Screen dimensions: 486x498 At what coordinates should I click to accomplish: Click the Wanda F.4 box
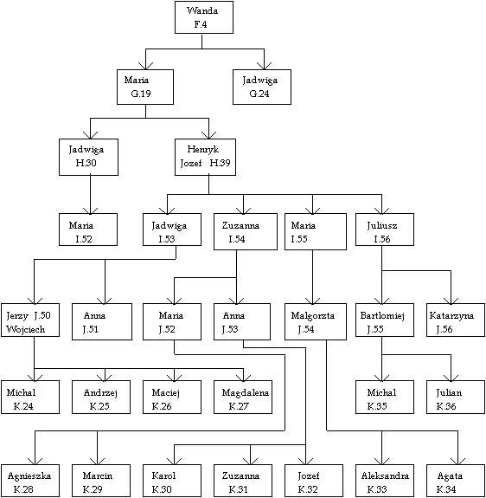click(204, 17)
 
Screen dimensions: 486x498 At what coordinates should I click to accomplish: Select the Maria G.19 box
click(145, 87)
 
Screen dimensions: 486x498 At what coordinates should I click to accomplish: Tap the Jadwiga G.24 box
click(262, 87)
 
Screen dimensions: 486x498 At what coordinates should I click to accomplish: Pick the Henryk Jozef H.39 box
click(205, 157)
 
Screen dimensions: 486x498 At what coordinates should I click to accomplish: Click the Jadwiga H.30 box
click(88, 157)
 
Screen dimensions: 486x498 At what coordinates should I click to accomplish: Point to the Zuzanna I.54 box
click(246, 231)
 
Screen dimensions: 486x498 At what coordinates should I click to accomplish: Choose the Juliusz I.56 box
click(385, 230)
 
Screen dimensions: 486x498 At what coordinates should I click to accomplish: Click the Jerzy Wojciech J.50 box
click(30, 320)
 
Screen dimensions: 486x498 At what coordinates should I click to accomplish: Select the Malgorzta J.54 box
click(316, 321)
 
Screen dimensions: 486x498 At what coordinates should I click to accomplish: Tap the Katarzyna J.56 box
click(456, 320)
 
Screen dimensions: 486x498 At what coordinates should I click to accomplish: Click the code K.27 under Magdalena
click(239, 406)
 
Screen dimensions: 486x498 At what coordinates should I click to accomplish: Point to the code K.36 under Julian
click(446, 406)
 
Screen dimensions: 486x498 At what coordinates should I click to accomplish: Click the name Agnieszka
click(29, 476)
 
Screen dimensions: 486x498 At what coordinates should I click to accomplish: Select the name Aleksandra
click(385, 475)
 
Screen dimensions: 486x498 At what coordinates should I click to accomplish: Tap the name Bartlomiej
click(382, 316)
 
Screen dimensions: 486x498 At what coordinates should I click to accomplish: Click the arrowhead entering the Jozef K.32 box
click(305, 461)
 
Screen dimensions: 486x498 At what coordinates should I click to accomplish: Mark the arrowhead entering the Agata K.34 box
click(457, 461)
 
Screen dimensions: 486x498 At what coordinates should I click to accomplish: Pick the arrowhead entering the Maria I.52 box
click(90, 210)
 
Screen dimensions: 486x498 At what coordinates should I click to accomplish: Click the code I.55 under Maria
click(299, 239)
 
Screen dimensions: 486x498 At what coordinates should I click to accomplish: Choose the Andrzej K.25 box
click(101, 397)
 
